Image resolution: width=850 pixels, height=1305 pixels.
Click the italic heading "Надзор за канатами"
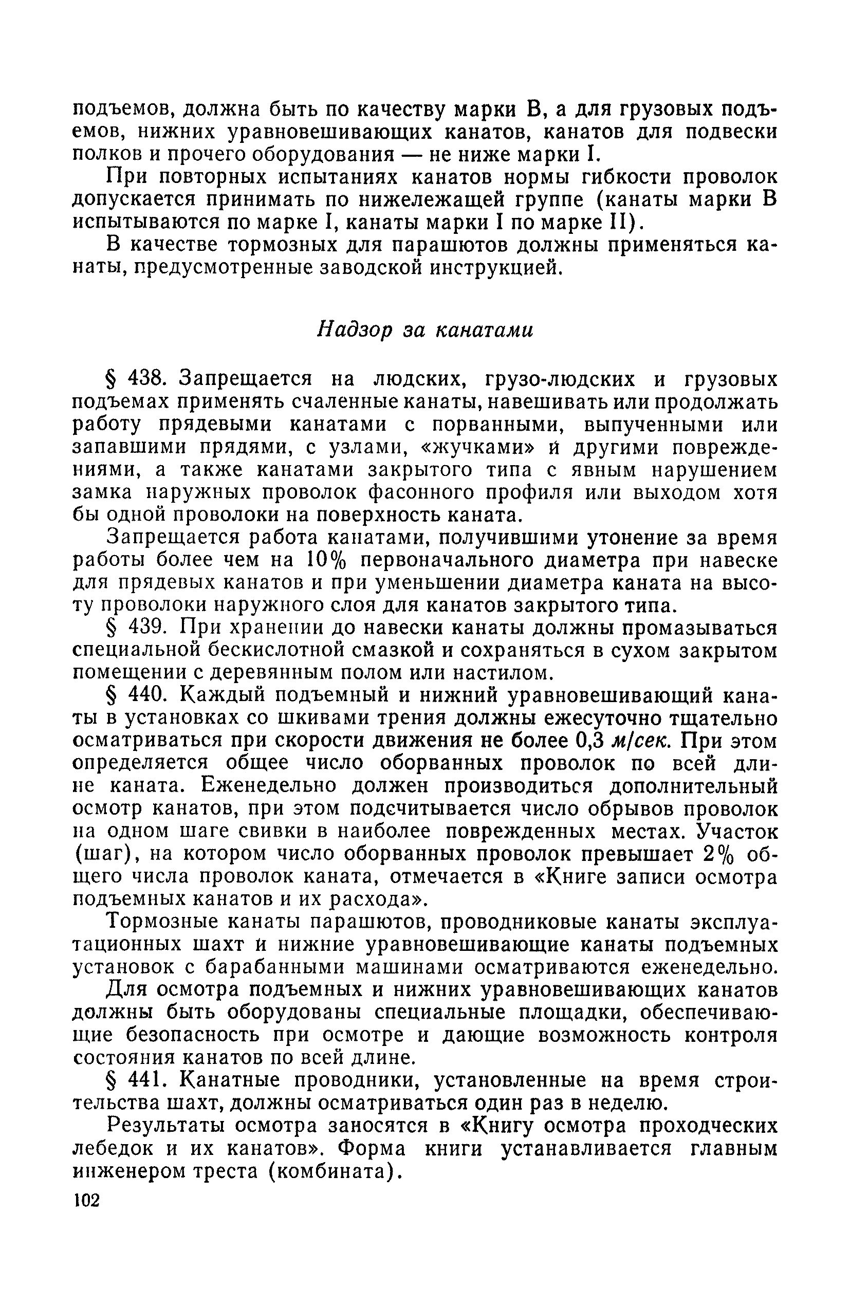click(425, 330)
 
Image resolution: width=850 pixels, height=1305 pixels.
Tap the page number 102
click(87, 1200)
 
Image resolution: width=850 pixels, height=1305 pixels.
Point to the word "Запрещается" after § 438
click(246, 379)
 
